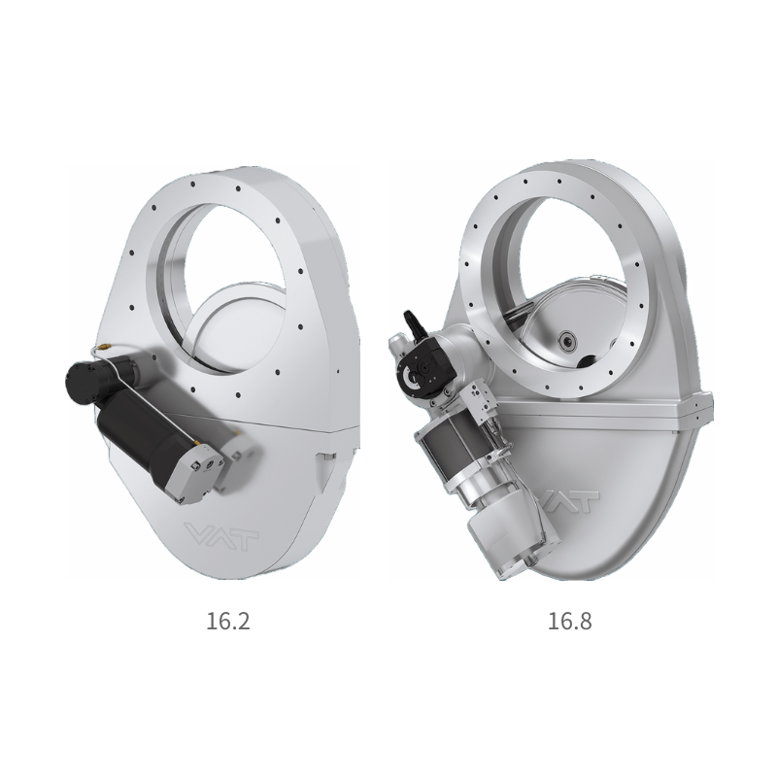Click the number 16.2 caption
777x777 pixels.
point(227,621)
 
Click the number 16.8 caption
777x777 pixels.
point(569,621)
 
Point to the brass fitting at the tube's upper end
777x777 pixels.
point(103,348)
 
